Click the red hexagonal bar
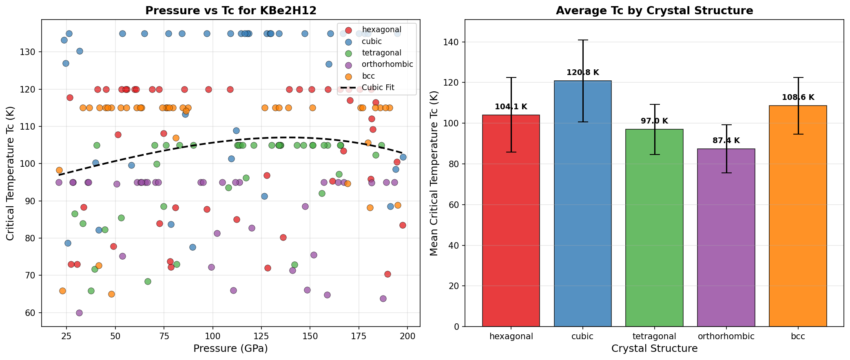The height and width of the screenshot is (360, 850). click(x=511, y=220)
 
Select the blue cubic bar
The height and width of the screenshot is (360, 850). click(x=583, y=204)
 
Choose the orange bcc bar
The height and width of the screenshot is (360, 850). click(x=798, y=216)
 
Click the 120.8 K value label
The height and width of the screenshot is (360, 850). click(x=583, y=73)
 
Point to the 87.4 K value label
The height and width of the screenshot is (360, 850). click(x=726, y=141)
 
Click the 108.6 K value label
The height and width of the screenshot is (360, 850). click(x=798, y=97)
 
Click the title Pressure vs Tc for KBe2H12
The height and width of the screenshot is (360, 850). click(x=231, y=11)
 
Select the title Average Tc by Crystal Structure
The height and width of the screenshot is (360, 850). click(x=654, y=11)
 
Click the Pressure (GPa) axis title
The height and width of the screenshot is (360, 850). click(x=230, y=349)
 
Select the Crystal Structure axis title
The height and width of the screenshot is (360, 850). click(x=654, y=349)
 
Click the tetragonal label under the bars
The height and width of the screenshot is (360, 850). click(x=655, y=336)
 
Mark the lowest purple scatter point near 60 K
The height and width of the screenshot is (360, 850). click(x=79, y=313)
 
